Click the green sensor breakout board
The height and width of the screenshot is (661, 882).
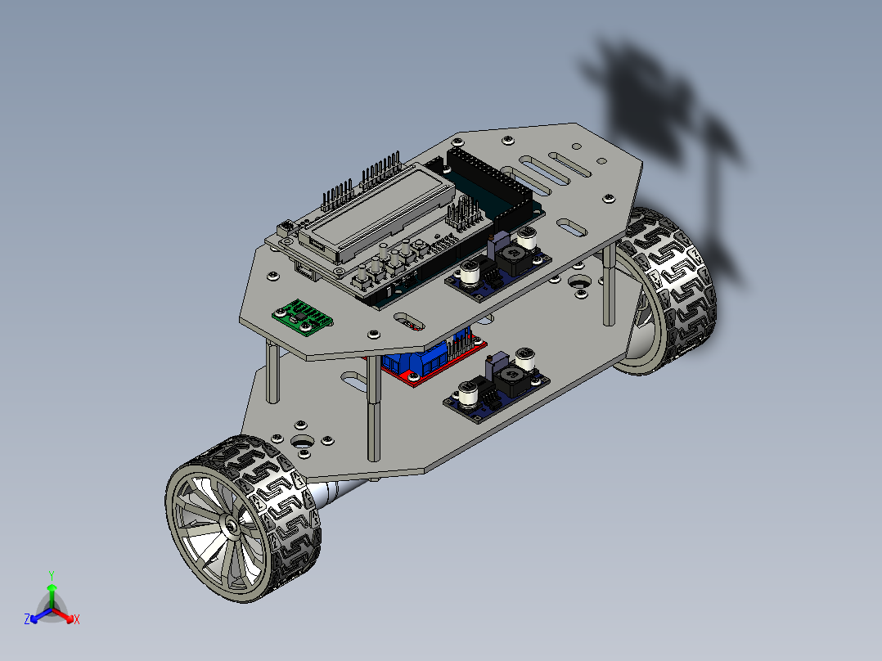[302, 317]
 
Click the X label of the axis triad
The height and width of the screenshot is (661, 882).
[76, 620]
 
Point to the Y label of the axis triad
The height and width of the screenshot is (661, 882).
[51, 575]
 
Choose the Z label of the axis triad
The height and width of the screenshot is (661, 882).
[27, 620]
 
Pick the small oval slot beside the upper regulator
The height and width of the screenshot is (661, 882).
[407, 322]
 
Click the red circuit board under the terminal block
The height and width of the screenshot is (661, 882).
[409, 377]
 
